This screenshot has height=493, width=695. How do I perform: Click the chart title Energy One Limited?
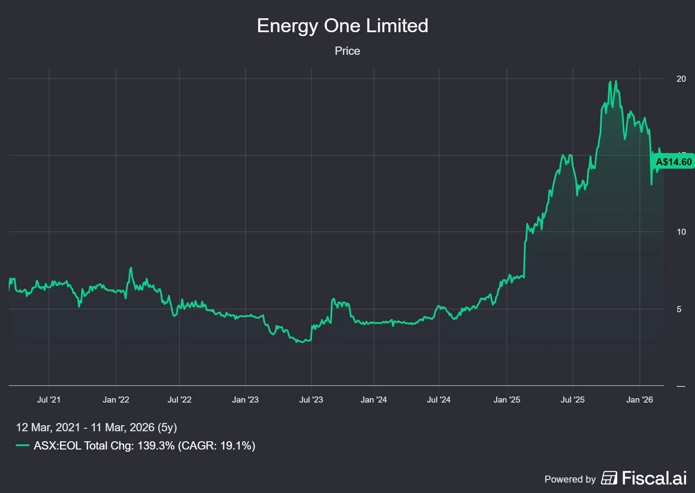pyautogui.click(x=342, y=26)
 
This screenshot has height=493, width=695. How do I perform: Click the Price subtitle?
pyautogui.click(x=347, y=51)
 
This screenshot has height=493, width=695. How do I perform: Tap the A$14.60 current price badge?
pyautogui.click(x=673, y=162)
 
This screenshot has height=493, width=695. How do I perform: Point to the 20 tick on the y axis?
pyautogui.click(x=681, y=79)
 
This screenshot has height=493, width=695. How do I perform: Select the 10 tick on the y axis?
pyautogui.click(x=681, y=232)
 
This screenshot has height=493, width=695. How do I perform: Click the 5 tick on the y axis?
pyautogui.click(x=679, y=310)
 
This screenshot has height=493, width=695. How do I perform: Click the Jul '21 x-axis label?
pyautogui.click(x=49, y=400)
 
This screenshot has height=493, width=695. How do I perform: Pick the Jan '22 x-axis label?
pyautogui.click(x=116, y=400)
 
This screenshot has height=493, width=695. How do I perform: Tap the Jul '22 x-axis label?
pyautogui.click(x=179, y=400)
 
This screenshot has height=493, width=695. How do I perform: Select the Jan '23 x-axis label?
pyautogui.click(x=245, y=400)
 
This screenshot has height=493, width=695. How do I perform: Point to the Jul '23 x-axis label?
pyautogui.click(x=311, y=400)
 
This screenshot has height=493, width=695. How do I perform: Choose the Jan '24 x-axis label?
pyautogui.click(x=374, y=400)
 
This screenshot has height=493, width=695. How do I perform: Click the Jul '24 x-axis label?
pyautogui.click(x=439, y=400)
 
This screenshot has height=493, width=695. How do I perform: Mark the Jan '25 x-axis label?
pyautogui.click(x=506, y=400)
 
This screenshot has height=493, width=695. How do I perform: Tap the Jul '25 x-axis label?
pyautogui.click(x=573, y=400)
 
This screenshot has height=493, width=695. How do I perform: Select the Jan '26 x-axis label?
pyautogui.click(x=639, y=400)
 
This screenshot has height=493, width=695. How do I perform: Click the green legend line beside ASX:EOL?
pyautogui.click(x=23, y=446)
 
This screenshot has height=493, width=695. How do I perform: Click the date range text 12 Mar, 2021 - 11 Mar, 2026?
pyautogui.click(x=96, y=427)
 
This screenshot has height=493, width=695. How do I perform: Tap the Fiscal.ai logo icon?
pyautogui.click(x=609, y=478)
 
